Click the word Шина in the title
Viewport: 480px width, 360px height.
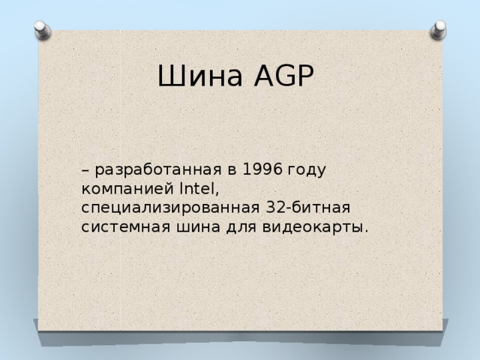(x=196, y=76)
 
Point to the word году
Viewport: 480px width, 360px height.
(x=307, y=170)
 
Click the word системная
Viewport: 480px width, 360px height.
(x=124, y=226)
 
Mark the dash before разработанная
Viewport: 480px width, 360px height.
(x=86, y=171)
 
